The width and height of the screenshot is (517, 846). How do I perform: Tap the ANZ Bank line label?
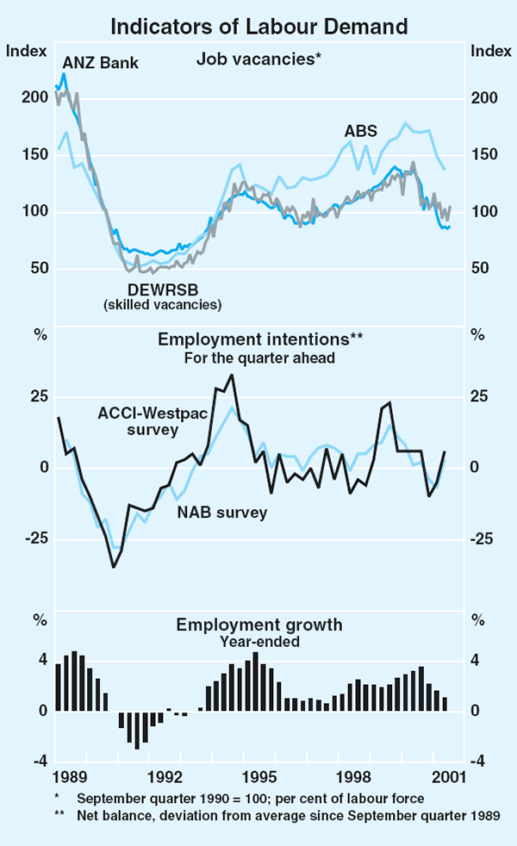click(x=101, y=63)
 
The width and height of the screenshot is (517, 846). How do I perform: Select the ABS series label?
click(x=360, y=132)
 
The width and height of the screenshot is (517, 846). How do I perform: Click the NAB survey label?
click(x=222, y=513)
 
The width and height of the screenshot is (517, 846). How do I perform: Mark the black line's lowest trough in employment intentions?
click(x=113, y=566)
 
